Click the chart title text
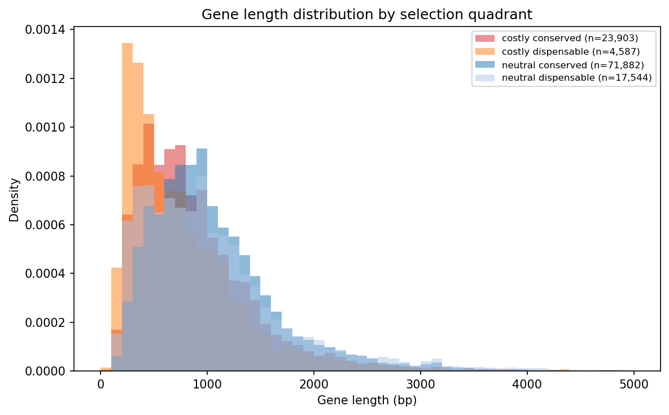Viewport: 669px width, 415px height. click(366, 15)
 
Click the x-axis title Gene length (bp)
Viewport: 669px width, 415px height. click(366, 400)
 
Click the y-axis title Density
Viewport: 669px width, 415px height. click(14, 199)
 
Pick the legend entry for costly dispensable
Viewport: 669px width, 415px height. click(571, 51)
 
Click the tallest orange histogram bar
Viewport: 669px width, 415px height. click(127, 169)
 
